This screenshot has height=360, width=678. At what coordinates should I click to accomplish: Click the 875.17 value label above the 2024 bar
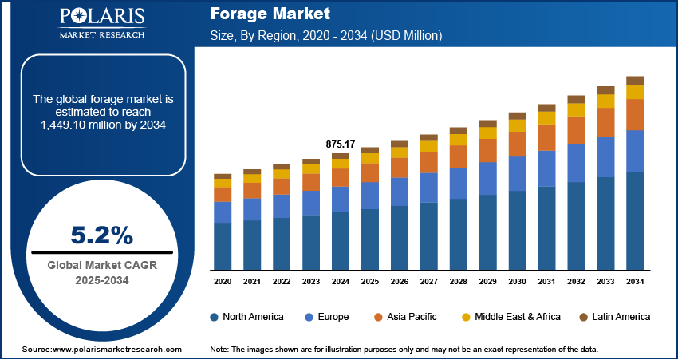tap(341, 144)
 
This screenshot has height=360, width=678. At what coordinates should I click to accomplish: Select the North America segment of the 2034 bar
tap(635, 220)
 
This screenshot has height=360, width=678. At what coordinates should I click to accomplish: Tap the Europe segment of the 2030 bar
tap(517, 173)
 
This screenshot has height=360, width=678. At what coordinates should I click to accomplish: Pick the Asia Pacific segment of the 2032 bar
tap(576, 130)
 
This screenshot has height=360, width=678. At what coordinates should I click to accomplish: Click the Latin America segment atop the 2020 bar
tap(223, 176)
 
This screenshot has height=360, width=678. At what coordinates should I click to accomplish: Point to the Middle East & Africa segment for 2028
tap(458, 140)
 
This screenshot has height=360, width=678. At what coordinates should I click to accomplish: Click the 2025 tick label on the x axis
tap(370, 282)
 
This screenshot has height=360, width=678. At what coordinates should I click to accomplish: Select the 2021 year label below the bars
tap(252, 282)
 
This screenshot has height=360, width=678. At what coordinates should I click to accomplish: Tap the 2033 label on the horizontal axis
tap(605, 282)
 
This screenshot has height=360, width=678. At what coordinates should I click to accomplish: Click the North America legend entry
tap(246, 317)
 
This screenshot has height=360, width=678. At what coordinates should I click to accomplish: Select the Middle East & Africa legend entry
tap(510, 317)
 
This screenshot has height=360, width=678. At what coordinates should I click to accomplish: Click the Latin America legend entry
tap(613, 317)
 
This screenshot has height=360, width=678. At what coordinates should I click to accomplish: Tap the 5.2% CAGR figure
tap(101, 235)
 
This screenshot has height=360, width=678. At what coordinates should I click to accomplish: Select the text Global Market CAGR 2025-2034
tap(102, 272)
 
